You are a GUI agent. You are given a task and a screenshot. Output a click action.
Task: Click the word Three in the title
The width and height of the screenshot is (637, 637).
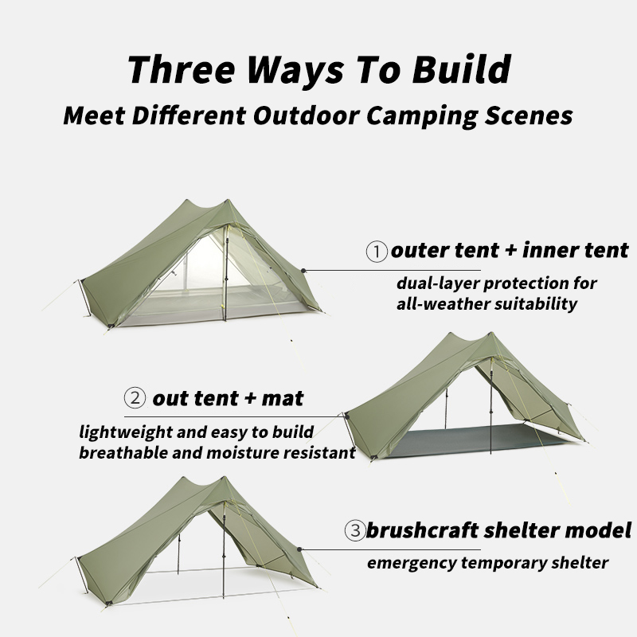point(182,69)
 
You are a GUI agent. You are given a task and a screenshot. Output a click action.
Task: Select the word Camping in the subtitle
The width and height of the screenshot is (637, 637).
point(423,115)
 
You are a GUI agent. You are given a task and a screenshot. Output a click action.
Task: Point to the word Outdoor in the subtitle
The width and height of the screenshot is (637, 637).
point(307,115)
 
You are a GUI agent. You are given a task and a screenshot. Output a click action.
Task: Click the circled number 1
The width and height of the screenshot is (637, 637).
point(377,252)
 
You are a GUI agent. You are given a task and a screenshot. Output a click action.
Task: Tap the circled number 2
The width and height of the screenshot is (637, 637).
point(135,397)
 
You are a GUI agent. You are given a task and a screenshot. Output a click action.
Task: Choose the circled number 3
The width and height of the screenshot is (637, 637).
point(355,530)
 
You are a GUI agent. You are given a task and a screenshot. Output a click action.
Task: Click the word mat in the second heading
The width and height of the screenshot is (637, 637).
point(283,399)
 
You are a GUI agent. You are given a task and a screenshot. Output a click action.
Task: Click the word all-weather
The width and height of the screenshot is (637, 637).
point(443,303)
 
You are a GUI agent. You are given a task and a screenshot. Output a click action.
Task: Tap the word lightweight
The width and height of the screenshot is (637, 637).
point(126,432)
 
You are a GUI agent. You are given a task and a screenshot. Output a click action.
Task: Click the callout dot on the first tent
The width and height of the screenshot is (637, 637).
point(303,270)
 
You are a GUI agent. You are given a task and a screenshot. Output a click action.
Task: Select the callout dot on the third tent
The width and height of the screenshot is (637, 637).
point(299,549)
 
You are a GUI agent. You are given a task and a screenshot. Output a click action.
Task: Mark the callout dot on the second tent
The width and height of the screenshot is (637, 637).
point(347,416)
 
